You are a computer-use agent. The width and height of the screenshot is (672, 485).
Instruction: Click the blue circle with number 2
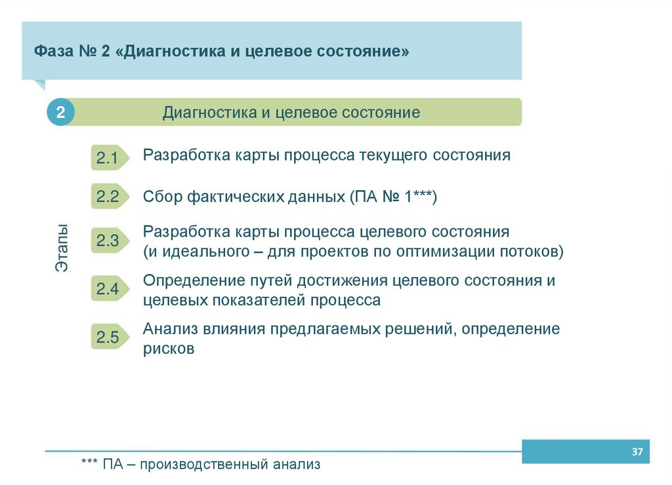tap(60, 113)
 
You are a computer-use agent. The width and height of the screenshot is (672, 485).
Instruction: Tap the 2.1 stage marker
tap(107, 158)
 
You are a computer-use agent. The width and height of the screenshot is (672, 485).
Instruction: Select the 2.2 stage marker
tap(107, 197)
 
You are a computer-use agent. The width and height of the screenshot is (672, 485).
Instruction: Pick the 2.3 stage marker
tap(107, 241)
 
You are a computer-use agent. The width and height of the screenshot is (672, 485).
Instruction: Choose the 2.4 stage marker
tap(107, 289)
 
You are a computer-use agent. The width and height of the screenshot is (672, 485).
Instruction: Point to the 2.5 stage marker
tap(107, 338)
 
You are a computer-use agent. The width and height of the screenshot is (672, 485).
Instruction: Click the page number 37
tap(636, 452)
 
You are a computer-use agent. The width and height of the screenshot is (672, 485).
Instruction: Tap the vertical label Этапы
tap(61, 249)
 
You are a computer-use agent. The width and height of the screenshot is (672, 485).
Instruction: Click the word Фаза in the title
tap(50, 51)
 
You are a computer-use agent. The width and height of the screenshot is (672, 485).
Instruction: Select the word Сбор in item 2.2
tap(162, 197)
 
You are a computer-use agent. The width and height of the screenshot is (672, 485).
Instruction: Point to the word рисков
tap(169, 349)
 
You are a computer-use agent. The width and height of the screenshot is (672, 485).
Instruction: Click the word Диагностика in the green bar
tap(209, 113)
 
